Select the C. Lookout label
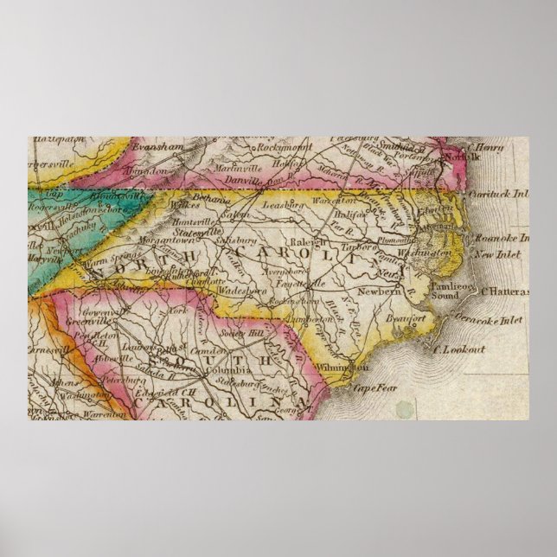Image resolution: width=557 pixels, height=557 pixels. pyautogui.click(x=459, y=349)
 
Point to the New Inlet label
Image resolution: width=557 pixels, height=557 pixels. pyautogui.click(x=496, y=254)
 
